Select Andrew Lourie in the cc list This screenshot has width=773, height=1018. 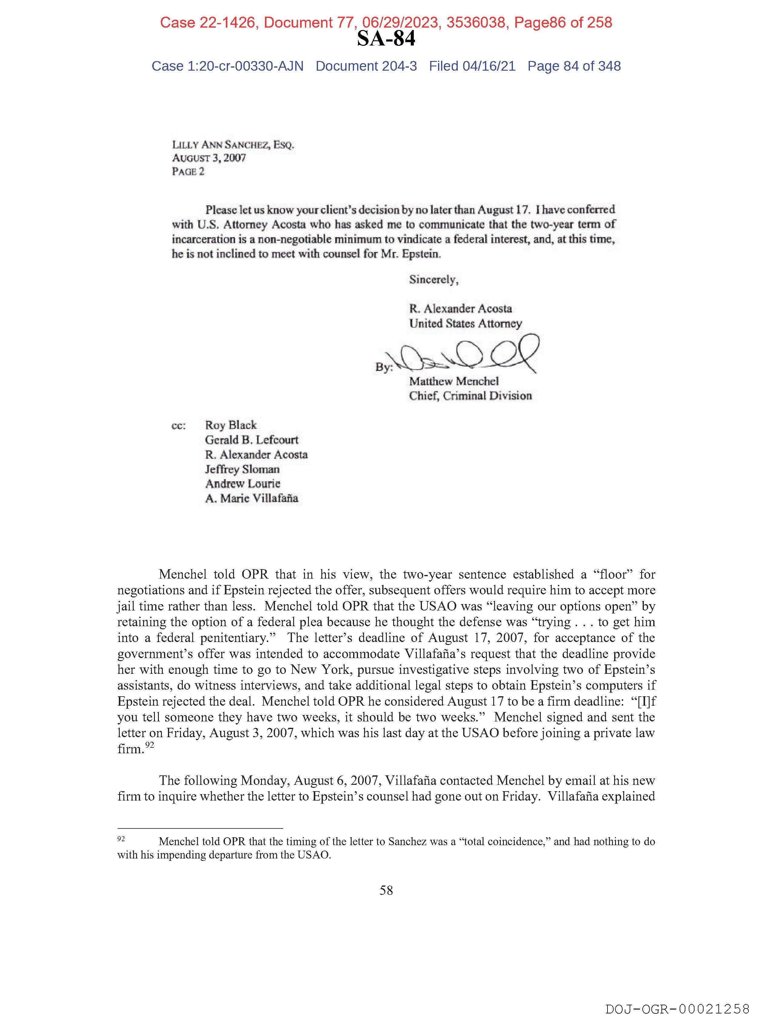point(243,484)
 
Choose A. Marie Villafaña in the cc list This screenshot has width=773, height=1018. point(252,499)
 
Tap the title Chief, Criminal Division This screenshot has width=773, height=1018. point(470,396)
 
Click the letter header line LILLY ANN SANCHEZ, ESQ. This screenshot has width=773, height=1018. point(233,145)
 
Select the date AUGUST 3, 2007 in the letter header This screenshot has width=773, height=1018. point(209,158)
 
